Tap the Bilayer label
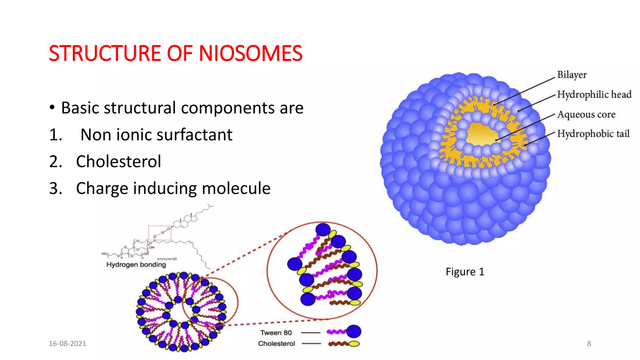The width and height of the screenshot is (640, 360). coord(572,75)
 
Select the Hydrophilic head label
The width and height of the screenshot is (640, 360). coord(594,94)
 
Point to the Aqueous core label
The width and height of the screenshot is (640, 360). coord(586,114)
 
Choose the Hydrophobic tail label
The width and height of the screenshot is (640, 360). coord(593,134)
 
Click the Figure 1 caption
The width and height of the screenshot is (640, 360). coord(465,272)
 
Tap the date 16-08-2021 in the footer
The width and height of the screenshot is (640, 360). coord(67,343)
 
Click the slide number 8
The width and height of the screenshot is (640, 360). coord(589,343)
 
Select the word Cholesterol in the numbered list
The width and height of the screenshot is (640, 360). coord(118,162)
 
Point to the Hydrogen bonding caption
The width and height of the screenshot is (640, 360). coord(136,264)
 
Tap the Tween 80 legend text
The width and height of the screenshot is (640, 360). coord(276,332)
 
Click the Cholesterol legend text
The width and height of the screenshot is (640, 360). coord(276,343)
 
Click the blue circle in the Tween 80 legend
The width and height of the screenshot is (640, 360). coord(353,332)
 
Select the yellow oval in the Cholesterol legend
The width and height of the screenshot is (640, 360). coord(354,344)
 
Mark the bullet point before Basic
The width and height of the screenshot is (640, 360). coord(52,108)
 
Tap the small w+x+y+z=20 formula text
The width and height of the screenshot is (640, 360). coord(167,259)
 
